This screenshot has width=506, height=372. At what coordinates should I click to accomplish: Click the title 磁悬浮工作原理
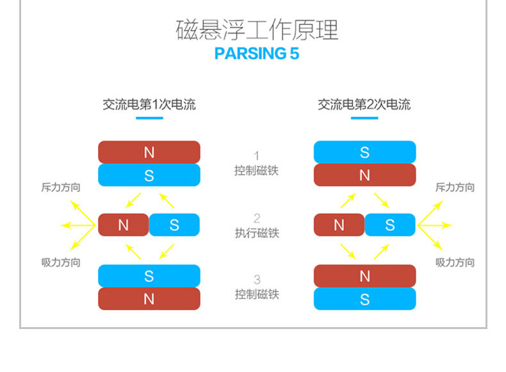point(257,30)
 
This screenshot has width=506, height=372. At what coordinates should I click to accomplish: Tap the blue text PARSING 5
point(257,53)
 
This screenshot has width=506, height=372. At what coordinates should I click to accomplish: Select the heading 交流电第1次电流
point(149,105)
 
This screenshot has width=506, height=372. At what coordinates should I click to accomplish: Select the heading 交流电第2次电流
point(364,105)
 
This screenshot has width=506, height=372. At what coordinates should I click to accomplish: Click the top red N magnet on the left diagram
point(149,152)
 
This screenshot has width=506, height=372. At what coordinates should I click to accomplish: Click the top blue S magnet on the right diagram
point(364,152)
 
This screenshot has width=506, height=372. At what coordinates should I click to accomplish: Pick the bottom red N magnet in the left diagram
point(149,298)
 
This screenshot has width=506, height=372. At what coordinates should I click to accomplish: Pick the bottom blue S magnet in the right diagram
point(364,298)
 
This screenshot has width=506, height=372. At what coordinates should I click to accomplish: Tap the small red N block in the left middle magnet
point(123,225)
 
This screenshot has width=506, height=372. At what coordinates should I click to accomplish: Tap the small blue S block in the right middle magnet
point(390,225)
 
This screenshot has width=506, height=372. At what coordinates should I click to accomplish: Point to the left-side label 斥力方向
point(61,187)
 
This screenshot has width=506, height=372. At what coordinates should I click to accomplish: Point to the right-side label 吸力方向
point(455,262)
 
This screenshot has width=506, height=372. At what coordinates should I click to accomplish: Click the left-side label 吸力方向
point(61,262)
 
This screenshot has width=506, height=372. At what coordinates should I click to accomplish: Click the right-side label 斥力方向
point(455,187)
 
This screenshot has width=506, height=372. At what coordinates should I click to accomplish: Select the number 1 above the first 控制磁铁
point(257,156)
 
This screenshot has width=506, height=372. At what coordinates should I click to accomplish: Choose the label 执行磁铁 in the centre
point(257,233)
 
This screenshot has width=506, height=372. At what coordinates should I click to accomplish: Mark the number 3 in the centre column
point(257,280)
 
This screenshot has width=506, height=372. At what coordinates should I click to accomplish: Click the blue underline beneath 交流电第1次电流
point(149,118)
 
